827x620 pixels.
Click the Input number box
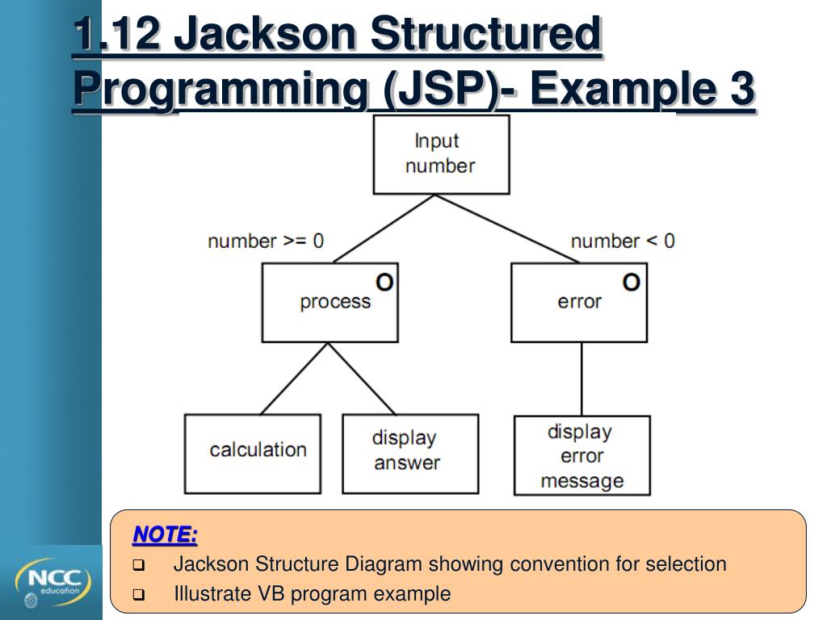441,154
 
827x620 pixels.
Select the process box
330,304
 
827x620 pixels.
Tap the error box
579,304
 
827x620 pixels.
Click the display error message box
582,455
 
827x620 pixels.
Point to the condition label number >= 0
266,241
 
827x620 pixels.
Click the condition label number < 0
623,241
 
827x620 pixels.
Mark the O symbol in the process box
385,282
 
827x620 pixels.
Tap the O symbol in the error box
632,282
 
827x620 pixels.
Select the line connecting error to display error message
581,379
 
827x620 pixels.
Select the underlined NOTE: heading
165,534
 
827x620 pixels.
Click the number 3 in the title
741,88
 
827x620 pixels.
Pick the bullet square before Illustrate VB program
138,596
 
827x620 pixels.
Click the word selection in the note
686,563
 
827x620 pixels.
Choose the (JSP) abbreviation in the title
438,88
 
